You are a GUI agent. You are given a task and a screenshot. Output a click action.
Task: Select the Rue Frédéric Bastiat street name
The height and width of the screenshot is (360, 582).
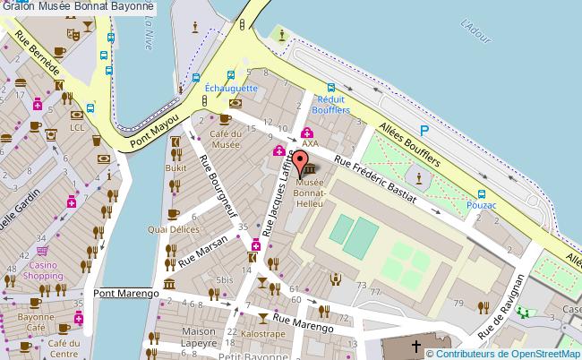(x=374, y=177)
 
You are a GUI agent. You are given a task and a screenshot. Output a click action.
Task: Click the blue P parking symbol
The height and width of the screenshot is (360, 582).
(x=426, y=132)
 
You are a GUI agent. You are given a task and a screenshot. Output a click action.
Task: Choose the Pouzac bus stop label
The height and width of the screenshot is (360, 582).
(x=482, y=205)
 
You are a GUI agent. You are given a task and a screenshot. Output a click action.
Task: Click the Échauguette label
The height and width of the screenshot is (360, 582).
(x=231, y=89)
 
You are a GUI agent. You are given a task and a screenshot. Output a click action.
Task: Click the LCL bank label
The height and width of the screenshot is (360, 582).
(x=77, y=127)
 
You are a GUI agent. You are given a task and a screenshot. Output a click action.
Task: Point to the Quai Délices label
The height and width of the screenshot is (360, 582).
(x=173, y=227)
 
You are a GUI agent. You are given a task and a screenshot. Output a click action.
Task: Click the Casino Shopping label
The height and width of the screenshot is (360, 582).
(x=43, y=270)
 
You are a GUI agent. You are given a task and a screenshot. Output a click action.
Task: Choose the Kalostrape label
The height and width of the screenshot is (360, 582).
(x=263, y=332)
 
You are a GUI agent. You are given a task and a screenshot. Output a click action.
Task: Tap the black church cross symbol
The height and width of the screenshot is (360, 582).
(x=415, y=345)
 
